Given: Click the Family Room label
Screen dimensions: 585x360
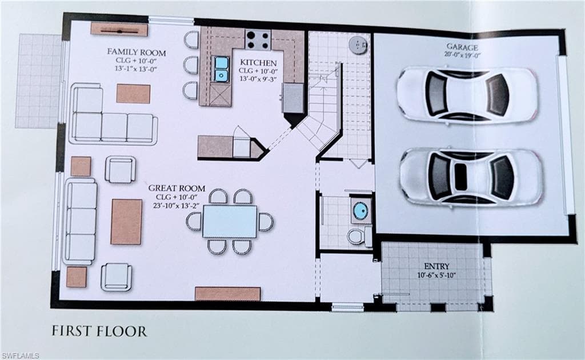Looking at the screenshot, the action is [x=137, y=52].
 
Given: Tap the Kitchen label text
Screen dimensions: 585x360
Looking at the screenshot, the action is [x=258, y=63].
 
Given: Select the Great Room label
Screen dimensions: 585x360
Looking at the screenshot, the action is [x=177, y=189].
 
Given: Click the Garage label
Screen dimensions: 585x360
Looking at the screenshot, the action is [x=462, y=47].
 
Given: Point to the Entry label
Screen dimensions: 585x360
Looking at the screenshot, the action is [x=437, y=266].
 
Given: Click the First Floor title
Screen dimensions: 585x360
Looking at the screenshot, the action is [x=99, y=331].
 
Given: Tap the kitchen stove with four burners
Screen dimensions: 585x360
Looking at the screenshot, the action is [x=258, y=39].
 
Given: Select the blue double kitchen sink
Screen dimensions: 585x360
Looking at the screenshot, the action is [x=221, y=69].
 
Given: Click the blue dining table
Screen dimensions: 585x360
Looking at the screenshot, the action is [x=230, y=221].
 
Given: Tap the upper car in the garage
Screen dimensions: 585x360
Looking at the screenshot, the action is [x=467, y=94].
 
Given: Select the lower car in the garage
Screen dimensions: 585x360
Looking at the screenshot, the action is [x=471, y=177].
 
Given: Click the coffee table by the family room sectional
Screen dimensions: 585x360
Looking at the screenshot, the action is [x=133, y=94].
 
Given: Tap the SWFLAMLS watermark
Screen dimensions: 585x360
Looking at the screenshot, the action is [x=20, y=355].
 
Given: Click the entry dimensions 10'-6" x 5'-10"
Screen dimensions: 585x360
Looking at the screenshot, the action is [x=437, y=275].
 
